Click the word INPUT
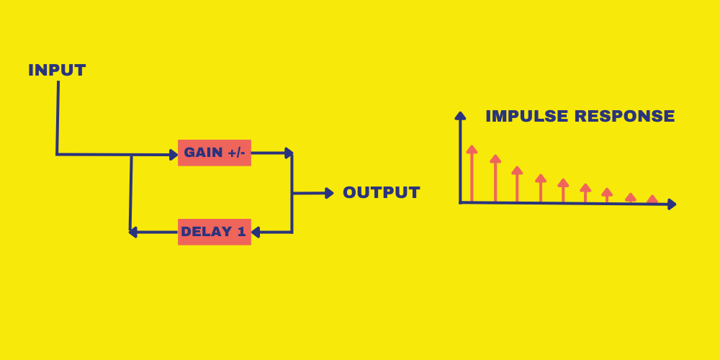(x=57, y=71)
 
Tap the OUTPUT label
(x=382, y=193)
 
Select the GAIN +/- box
(x=215, y=153)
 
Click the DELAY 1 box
(x=215, y=232)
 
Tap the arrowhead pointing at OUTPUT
(x=329, y=193)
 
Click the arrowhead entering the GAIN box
(x=173, y=153)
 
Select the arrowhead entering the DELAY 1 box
(x=256, y=232)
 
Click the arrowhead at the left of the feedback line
(x=133, y=232)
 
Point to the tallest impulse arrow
(x=472, y=173)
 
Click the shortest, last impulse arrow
(x=652, y=199)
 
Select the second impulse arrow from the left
(x=495, y=178)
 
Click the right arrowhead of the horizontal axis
(x=672, y=204)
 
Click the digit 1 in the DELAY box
(x=241, y=232)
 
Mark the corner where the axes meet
(x=460, y=202)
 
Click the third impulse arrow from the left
(x=517, y=184)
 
